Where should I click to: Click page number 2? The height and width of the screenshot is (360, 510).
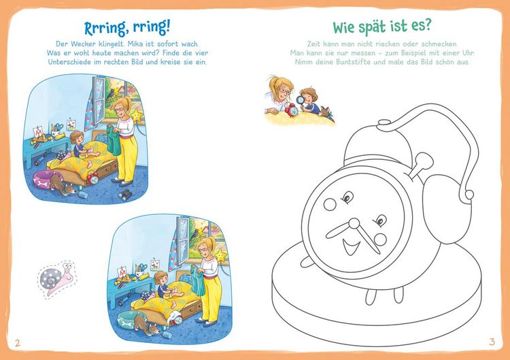click(18, 343)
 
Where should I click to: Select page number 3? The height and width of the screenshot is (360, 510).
click(492, 342)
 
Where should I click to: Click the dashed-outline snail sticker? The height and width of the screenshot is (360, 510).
click(58, 278)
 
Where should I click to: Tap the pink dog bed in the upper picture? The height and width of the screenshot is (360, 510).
click(44, 180)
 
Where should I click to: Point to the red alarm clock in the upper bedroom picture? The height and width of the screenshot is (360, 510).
click(92, 178)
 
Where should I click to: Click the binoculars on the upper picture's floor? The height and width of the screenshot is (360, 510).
click(125, 195)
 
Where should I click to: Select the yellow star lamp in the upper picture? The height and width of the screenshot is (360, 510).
click(137, 116)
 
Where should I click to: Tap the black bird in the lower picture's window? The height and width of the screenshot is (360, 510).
click(195, 233)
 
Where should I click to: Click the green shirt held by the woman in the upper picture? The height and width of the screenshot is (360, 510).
click(114, 142)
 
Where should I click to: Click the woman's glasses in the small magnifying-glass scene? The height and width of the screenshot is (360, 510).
click(284, 91)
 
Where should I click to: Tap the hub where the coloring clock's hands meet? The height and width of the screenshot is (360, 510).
click(354, 225)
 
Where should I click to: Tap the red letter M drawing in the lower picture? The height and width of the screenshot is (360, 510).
click(122, 272)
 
